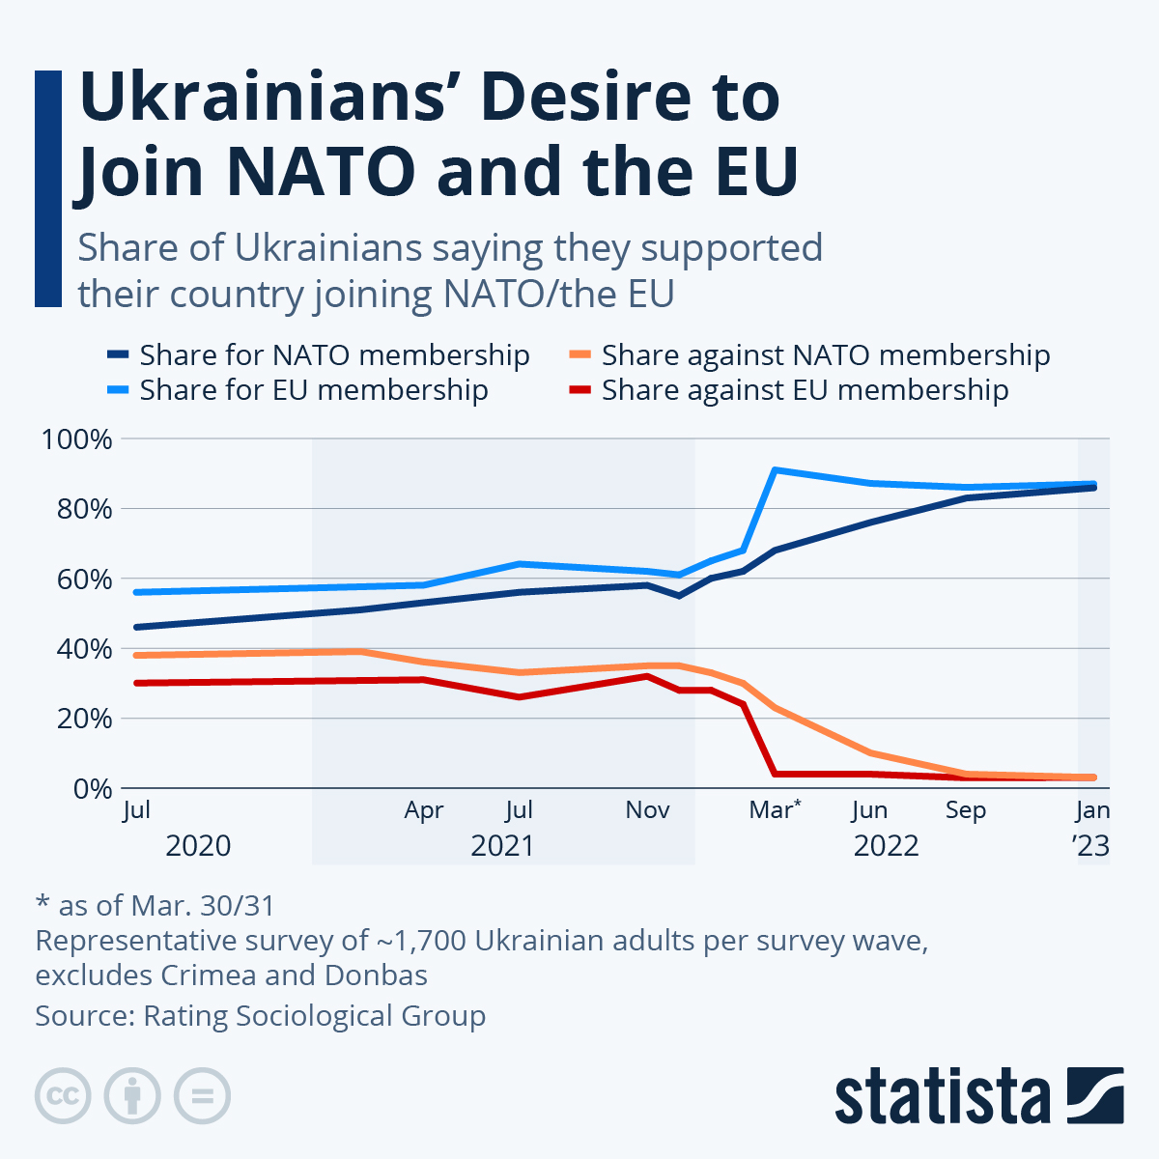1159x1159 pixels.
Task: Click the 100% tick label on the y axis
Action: point(76,439)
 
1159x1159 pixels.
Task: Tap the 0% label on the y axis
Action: point(92,789)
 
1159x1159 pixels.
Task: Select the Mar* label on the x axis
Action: point(775,810)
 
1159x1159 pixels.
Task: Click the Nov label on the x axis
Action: point(647,810)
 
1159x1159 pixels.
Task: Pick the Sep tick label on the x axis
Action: point(965,810)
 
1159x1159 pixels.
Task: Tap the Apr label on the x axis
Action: point(424,810)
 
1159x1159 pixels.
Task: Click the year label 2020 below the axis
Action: point(198,846)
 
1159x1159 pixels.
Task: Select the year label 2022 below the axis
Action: point(886,846)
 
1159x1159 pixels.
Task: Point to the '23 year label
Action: point(1091,846)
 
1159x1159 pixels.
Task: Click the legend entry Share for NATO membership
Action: point(334,355)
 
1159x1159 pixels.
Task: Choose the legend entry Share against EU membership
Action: point(805,390)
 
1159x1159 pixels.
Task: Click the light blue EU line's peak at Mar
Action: point(775,470)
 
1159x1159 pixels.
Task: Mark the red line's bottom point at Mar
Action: point(775,774)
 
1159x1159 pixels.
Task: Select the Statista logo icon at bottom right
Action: point(1094,1096)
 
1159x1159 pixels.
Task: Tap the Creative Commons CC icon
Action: point(63,1096)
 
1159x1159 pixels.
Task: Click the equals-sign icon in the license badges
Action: point(202,1096)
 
